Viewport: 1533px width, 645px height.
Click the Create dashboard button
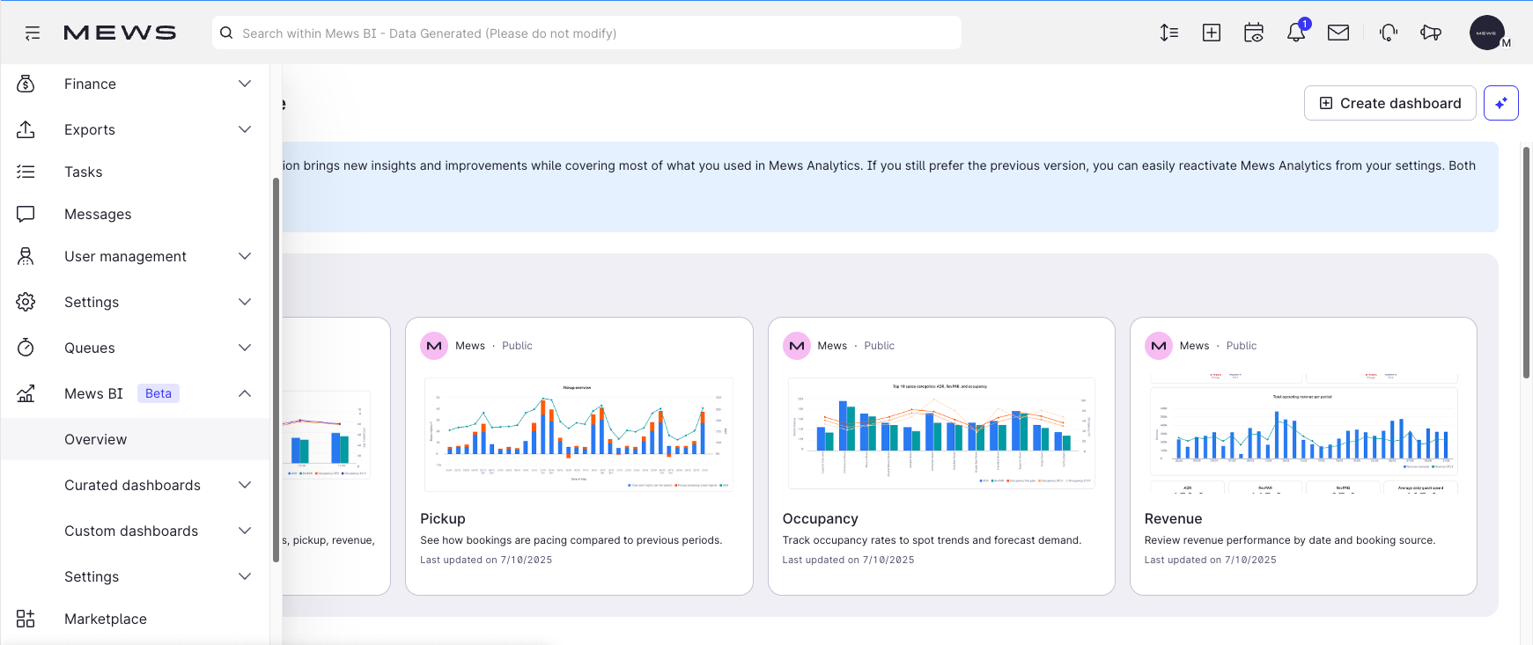1389,103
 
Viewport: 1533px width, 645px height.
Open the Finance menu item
90,84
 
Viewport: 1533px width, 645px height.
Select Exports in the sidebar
90,129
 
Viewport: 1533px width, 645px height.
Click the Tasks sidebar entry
84,172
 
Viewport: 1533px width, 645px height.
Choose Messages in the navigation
98,214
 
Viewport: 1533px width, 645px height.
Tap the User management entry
125,256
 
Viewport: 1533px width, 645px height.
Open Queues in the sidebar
90,348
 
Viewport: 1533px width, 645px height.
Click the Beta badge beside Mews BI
158,393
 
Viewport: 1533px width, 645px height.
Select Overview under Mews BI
95,439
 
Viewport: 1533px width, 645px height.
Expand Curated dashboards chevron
245,485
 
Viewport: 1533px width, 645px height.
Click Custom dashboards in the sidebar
131,531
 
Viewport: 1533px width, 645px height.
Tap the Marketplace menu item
106,619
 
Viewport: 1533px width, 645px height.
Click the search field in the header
586,33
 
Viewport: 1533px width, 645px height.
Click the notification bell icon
1295,33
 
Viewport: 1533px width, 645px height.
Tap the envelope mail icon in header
1338,33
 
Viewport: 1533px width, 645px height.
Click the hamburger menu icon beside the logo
33,33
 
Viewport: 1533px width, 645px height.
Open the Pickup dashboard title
443,518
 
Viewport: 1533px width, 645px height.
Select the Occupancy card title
820,518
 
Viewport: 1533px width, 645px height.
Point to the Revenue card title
1173,518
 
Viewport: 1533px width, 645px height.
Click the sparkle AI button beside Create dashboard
1501,103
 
